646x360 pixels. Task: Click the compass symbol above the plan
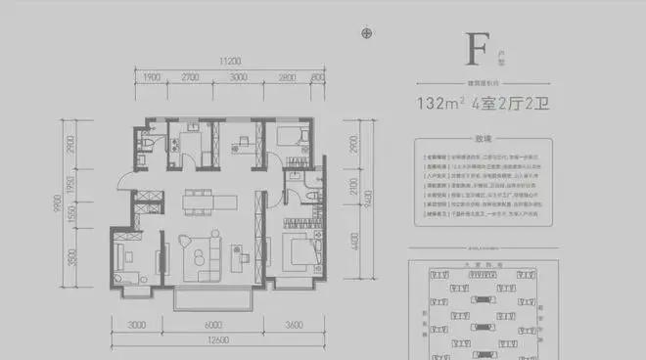[x=367, y=33]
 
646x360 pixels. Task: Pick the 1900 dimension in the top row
[x=152, y=76]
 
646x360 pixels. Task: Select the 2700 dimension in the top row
[x=191, y=76]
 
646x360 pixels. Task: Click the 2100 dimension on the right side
[x=367, y=186]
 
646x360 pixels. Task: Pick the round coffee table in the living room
[x=199, y=257]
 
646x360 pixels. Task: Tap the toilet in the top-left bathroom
[x=145, y=146]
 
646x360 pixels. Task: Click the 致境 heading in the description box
[x=480, y=138]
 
